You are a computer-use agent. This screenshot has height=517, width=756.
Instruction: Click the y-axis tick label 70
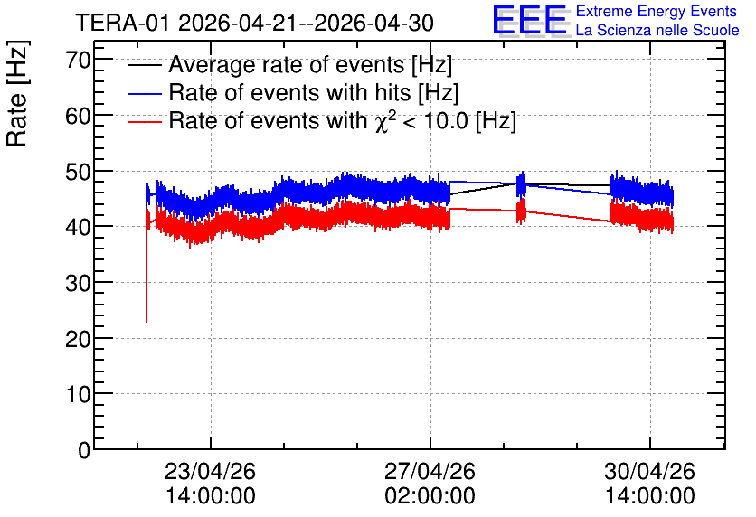[78, 61]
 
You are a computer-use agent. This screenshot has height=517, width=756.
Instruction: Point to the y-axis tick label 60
[78, 116]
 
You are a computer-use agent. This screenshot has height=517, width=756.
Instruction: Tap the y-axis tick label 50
[78, 172]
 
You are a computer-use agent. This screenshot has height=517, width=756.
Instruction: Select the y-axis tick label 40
[78, 228]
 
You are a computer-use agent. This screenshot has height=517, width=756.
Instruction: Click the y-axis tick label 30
[78, 283]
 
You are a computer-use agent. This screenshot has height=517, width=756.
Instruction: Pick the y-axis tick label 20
[78, 339]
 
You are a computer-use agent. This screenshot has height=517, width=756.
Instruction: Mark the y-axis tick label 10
[78, 395]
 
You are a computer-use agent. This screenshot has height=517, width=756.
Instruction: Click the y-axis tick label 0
[84, 450]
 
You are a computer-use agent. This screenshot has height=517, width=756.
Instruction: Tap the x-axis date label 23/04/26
[210, 471]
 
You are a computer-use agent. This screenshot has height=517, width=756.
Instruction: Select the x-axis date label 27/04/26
[430, 471]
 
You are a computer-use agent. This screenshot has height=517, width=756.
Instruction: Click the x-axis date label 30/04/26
[649, 471]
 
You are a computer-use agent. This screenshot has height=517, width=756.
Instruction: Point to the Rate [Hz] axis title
[17, 93]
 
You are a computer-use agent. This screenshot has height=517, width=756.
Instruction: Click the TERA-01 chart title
[255, 23]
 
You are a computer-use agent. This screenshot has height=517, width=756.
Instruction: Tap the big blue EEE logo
[530, 20]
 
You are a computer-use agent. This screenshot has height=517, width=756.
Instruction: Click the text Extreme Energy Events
[657, 11]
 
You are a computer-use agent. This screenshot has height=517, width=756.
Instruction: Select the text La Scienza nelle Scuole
[657, 30]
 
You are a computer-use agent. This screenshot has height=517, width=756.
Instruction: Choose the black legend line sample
[144, 65]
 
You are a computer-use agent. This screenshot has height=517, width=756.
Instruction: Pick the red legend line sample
[144, 121]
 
